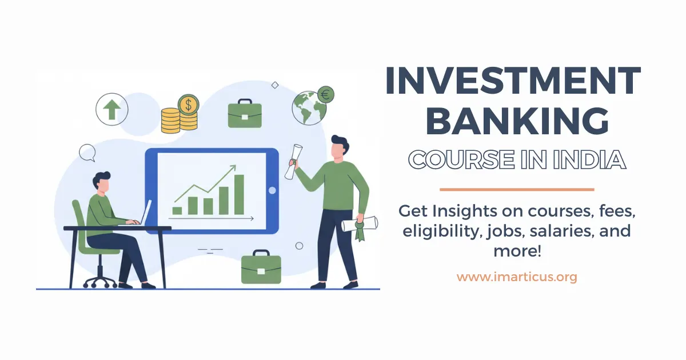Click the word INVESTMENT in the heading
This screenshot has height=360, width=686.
coord(512,81)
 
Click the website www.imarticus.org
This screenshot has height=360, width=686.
coord(516,278)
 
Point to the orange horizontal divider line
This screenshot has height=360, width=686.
coord(516,189)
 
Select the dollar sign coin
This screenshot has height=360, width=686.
coord(188,105)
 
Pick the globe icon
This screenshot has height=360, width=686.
coord(308,108)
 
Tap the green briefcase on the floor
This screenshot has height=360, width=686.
coord(261,267)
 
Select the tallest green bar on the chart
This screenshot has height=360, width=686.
coord(239,194)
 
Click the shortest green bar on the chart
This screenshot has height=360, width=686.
coord(177,210)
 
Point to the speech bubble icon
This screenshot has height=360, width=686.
coord(87,153)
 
